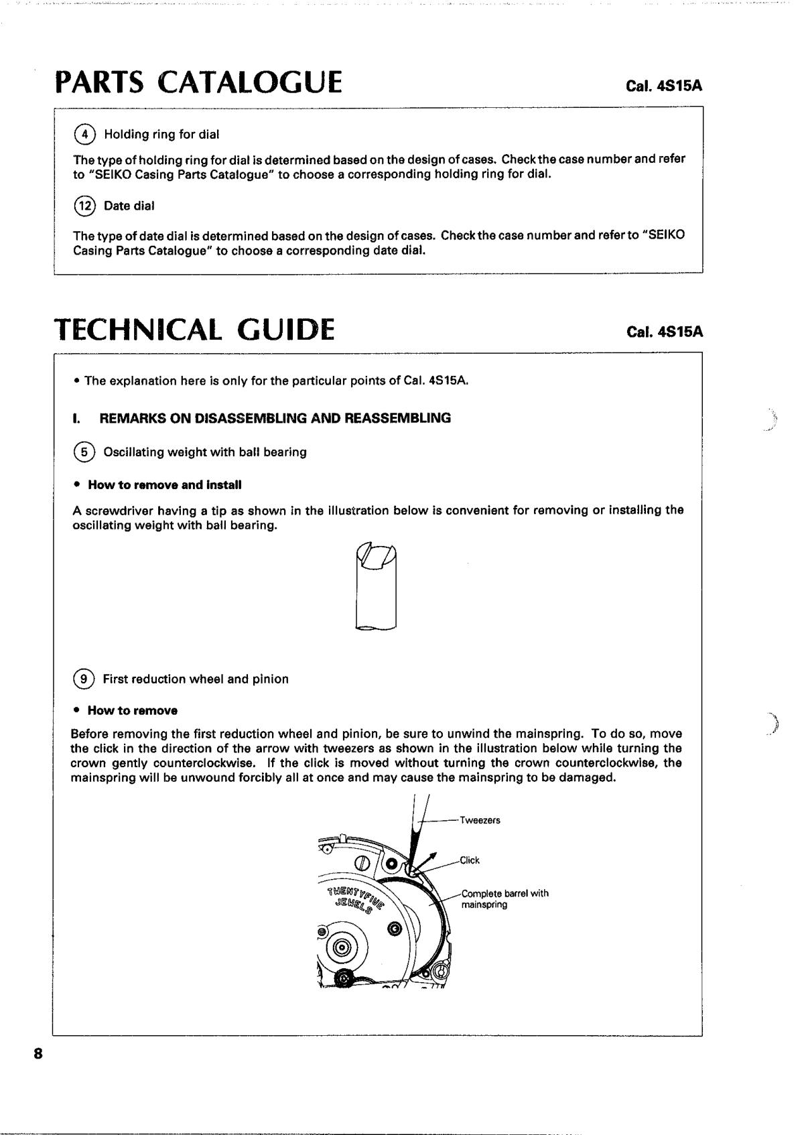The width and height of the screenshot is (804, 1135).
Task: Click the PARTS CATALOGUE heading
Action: (x=199, y=83)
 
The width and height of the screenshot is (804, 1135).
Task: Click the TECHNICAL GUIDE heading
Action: (x=194, y=329)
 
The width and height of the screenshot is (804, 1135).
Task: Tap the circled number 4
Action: (x=84, y=134)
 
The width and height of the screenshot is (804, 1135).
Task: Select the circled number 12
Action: (x=84, y=206)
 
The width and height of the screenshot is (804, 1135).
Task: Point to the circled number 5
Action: (x=84, y=452)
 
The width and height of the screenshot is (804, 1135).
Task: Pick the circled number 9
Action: (x=84, y=679)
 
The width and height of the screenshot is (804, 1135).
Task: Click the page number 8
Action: (x=38, y=1054)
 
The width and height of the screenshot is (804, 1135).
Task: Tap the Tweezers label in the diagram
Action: (x=480, y=820)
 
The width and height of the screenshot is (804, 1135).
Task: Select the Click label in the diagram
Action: (x=469, y=860)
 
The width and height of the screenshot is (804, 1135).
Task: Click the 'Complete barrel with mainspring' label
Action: (x=505, y=898)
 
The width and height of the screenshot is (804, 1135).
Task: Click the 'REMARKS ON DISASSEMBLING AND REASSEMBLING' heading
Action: (x=275, y=418)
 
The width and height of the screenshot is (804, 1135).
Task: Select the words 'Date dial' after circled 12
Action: (x=129, y=206)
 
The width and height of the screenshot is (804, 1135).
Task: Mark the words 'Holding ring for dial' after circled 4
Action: (x=161, y=134)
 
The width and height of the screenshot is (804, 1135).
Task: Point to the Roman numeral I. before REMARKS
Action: (x=76, y=418)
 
